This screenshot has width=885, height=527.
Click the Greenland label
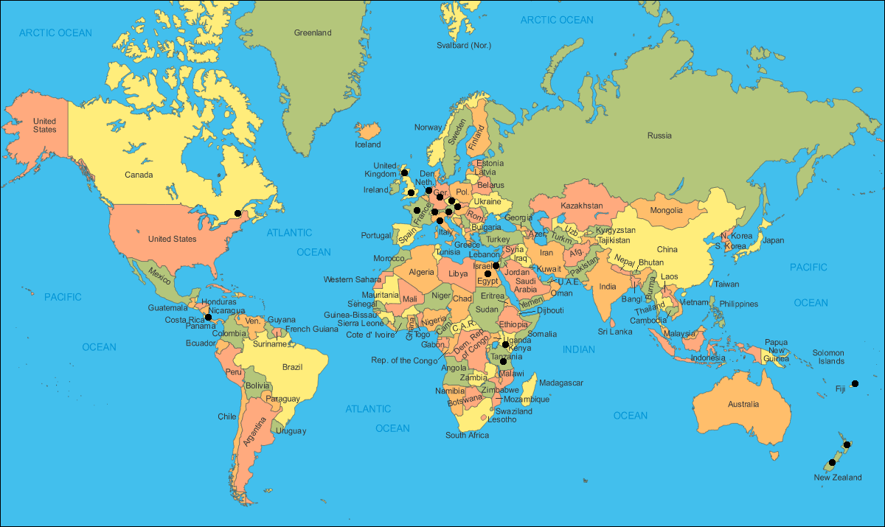(x=313, y=32)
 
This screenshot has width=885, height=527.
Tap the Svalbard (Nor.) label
(x=464, y=46)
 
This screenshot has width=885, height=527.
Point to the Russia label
(x=659, y=135)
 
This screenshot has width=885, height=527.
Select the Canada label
(x=139, y=175)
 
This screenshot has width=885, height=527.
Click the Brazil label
(x=293, y=366)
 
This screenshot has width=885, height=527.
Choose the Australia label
(x=743, y=404)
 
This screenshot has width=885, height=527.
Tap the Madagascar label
(x=561, y=383)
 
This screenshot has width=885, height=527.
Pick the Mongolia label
(x=666, y=210)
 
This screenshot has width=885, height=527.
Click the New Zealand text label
(x=837, y=478)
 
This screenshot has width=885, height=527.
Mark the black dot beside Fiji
(x=855, y=383)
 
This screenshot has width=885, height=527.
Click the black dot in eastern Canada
(x=237, y=213)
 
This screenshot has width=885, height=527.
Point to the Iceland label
(x=368, y=144)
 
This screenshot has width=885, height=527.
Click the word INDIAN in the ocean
(x=579, y=349)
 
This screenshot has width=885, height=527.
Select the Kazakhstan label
(x=582, y=205)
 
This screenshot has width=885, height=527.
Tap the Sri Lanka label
(x=615, y=332)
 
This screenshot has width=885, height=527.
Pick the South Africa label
(x=467, y=435)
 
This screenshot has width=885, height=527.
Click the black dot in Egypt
(x=487, y=273)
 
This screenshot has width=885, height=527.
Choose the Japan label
(x=773, y=240)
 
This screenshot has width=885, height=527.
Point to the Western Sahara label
(x=353, y=279)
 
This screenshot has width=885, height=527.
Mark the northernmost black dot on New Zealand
(x=847, y=444)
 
